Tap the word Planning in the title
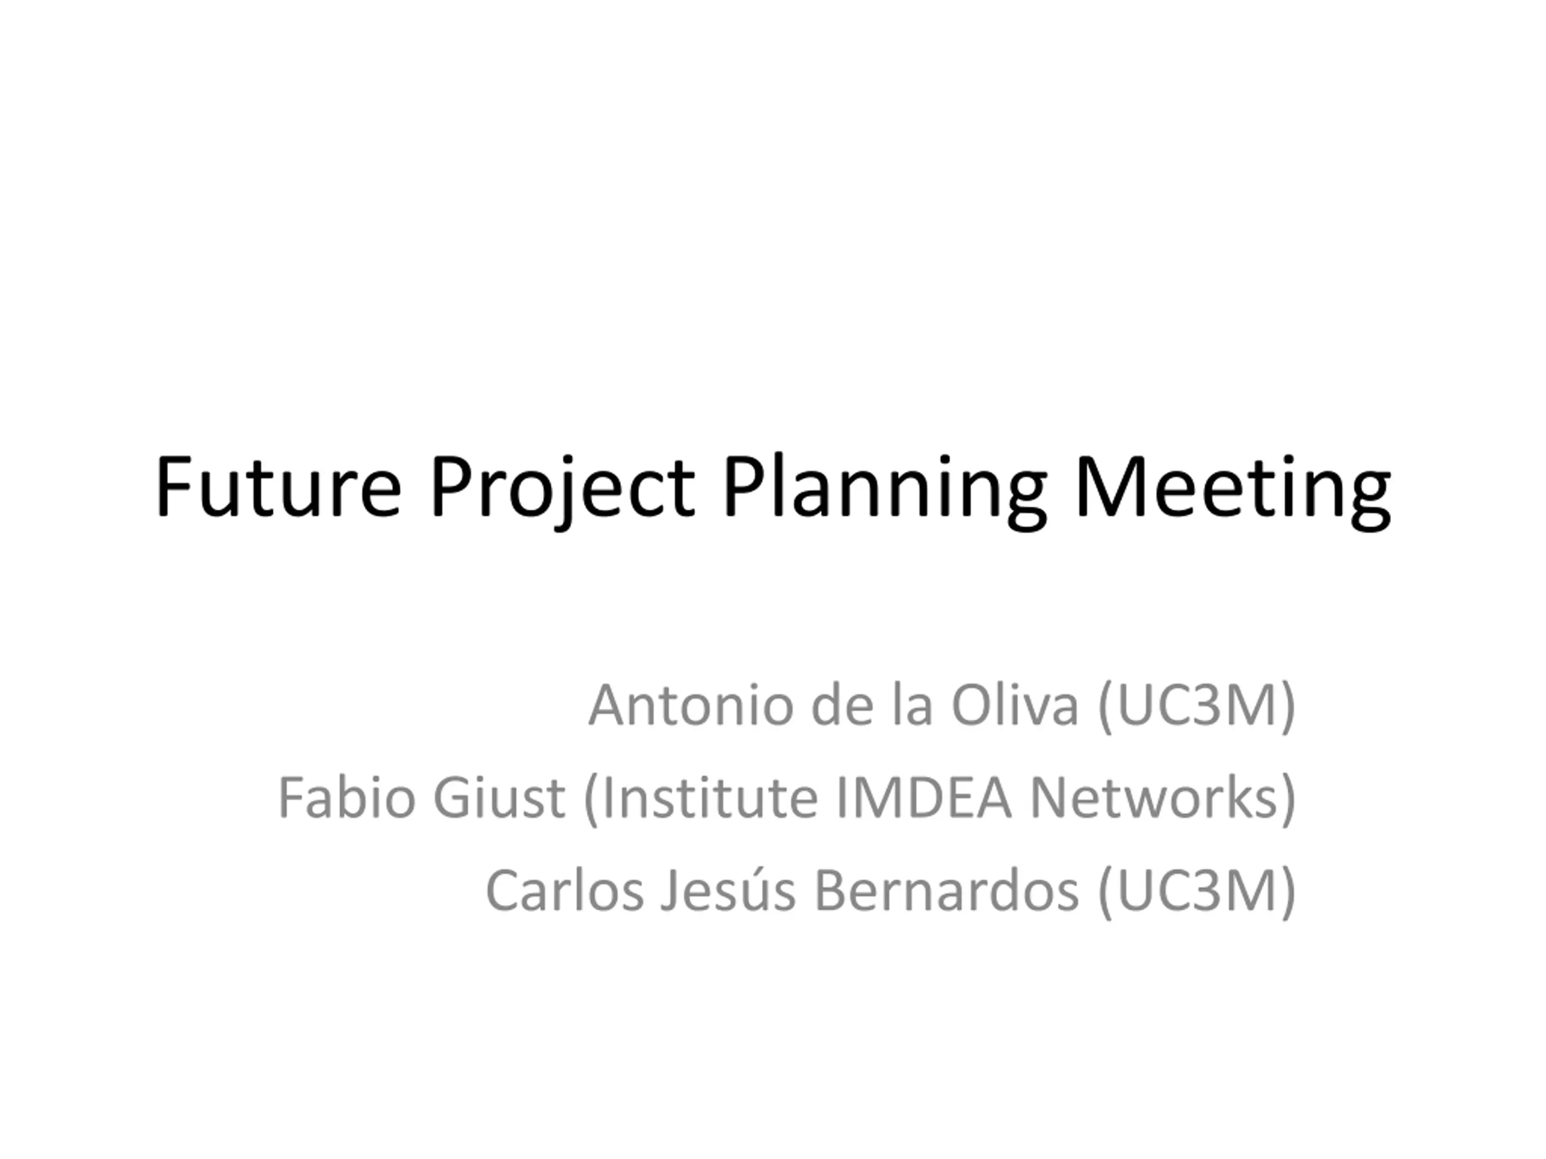(885, 492)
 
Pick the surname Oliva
(1015, 705)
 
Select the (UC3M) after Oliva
(1196, 707)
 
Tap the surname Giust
(498, 798)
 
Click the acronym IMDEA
(923, 798)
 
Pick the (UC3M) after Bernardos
(1196, 892)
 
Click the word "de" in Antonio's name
(842, 705)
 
